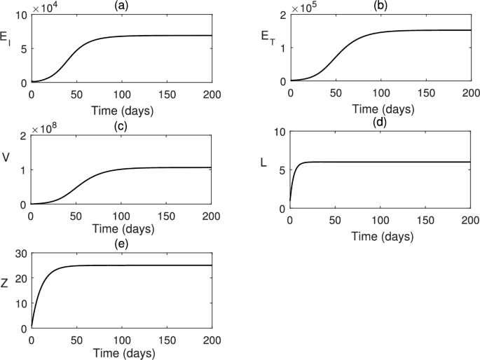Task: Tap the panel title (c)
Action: tap(121, 126)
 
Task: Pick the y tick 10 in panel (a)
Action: tap(20, 15)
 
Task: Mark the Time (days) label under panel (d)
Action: tap(380, 236)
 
